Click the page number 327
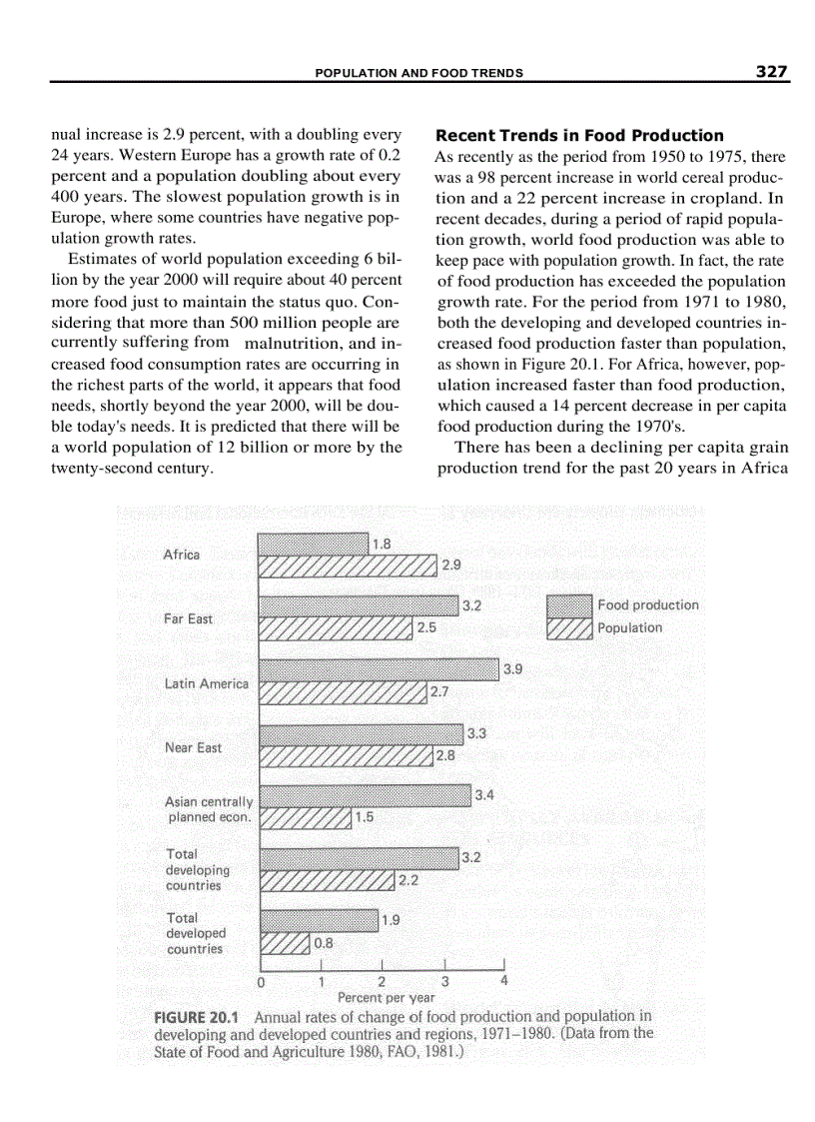point(772,72)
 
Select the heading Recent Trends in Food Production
point(580,135)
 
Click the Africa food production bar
point(313,544)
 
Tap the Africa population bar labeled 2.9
point(348,565)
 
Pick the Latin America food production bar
point(379,669)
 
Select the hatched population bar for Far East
point(336,628)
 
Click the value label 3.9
point(512,669)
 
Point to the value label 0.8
point(324,941)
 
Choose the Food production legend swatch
point(569,604)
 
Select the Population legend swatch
point(569,627)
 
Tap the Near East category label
point(193,747)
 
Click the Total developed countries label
point(196,933)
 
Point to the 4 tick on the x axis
point(504,980)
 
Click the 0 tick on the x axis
point(261,981)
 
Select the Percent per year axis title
point(387,997)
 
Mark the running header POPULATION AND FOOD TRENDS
point(419,73)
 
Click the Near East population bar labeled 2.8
point(346,755)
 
